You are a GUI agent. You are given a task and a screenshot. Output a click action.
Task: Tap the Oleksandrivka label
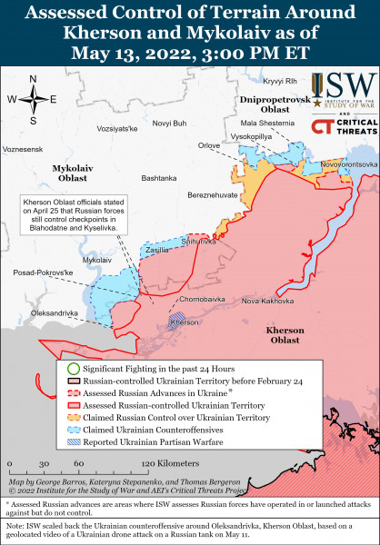pyautogui.click(x=55, y=313)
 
